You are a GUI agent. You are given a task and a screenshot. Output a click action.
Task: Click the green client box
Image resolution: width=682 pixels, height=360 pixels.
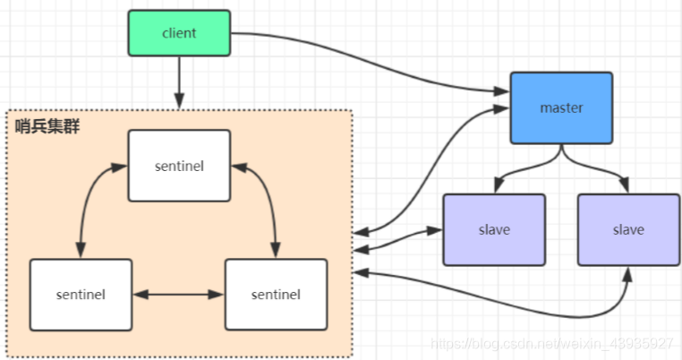(x=179, y=33)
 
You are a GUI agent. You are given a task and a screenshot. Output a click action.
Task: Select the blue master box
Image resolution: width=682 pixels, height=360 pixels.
(x=561, y=108)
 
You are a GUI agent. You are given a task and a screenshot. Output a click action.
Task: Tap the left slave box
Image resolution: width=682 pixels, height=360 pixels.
(x=494, y=230)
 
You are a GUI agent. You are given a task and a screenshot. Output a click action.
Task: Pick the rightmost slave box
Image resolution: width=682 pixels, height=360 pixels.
(x=628, y=230)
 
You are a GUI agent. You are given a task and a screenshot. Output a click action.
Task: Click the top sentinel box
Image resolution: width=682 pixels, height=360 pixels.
(x=179, y=166)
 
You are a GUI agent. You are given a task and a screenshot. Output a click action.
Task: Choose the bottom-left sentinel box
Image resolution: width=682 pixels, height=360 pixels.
(x=81, y=294)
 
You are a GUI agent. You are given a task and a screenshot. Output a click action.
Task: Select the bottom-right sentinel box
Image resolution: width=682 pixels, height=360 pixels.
(x=276, y=294)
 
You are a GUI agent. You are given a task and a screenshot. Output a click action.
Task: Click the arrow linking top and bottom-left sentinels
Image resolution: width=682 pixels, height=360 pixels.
(x=90, y=201)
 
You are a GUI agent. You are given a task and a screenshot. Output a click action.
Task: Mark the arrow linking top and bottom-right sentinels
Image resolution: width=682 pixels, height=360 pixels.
(x=265, y=201)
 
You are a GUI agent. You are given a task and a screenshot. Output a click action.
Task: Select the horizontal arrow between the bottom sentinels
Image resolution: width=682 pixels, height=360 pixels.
(x=178, y=294)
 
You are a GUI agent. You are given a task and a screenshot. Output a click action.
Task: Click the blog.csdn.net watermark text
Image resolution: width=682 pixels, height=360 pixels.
(x=550, y=344)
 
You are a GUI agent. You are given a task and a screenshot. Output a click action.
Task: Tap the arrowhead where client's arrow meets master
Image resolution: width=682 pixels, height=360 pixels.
(x=501, y=91)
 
